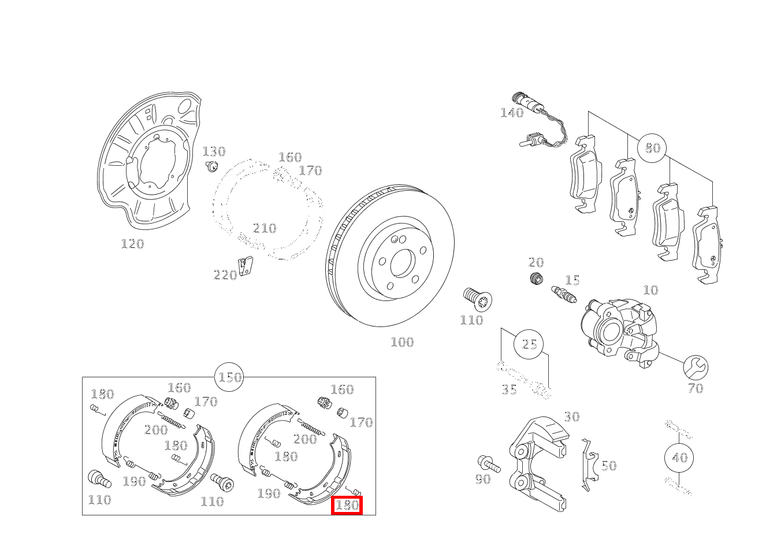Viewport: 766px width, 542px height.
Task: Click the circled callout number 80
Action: [652, 148]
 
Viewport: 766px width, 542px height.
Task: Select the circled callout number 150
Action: [229, 377]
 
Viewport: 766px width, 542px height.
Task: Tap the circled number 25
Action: [529, 344]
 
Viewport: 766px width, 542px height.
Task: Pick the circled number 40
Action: [679, 458]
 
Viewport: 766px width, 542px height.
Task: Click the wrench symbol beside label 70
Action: [696, 367]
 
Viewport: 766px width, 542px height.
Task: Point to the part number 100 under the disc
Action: [403, 342]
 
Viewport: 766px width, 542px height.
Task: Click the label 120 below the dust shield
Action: [133, 244]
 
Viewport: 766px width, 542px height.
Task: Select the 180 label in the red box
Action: [347, 506]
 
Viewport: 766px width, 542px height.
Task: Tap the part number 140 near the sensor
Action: [512, 113]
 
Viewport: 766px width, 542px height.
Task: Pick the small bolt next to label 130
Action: [212, 166]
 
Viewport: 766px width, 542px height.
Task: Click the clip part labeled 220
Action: [245, 266]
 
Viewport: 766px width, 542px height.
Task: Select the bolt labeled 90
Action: [489, 464]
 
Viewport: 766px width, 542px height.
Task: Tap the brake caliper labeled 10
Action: [619, 332]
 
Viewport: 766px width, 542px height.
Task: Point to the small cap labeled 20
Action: [536, 278]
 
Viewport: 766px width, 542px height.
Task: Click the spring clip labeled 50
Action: [590, 465]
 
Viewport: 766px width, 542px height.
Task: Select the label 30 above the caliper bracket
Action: [572, 417]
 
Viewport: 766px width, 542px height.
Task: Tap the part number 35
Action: [509, 389]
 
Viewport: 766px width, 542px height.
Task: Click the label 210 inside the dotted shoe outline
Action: [265, 228]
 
